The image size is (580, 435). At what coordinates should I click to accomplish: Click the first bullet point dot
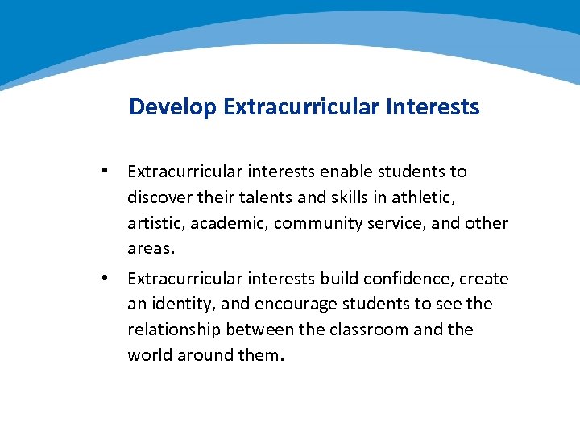pyautogui.click(x=105, y=171)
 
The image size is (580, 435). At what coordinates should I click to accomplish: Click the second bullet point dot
pyautogui.click(x=105, y=278)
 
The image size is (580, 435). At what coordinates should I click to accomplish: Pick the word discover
pyautogui.click(x=159, y=197)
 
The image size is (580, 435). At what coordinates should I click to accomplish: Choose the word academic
pyautogui.click(x=231, y=223)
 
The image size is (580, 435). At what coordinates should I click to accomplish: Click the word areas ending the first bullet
pyautogui.click(x=148, y=249)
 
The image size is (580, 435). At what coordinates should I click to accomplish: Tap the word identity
pyautogui.click(x=179, y=304)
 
